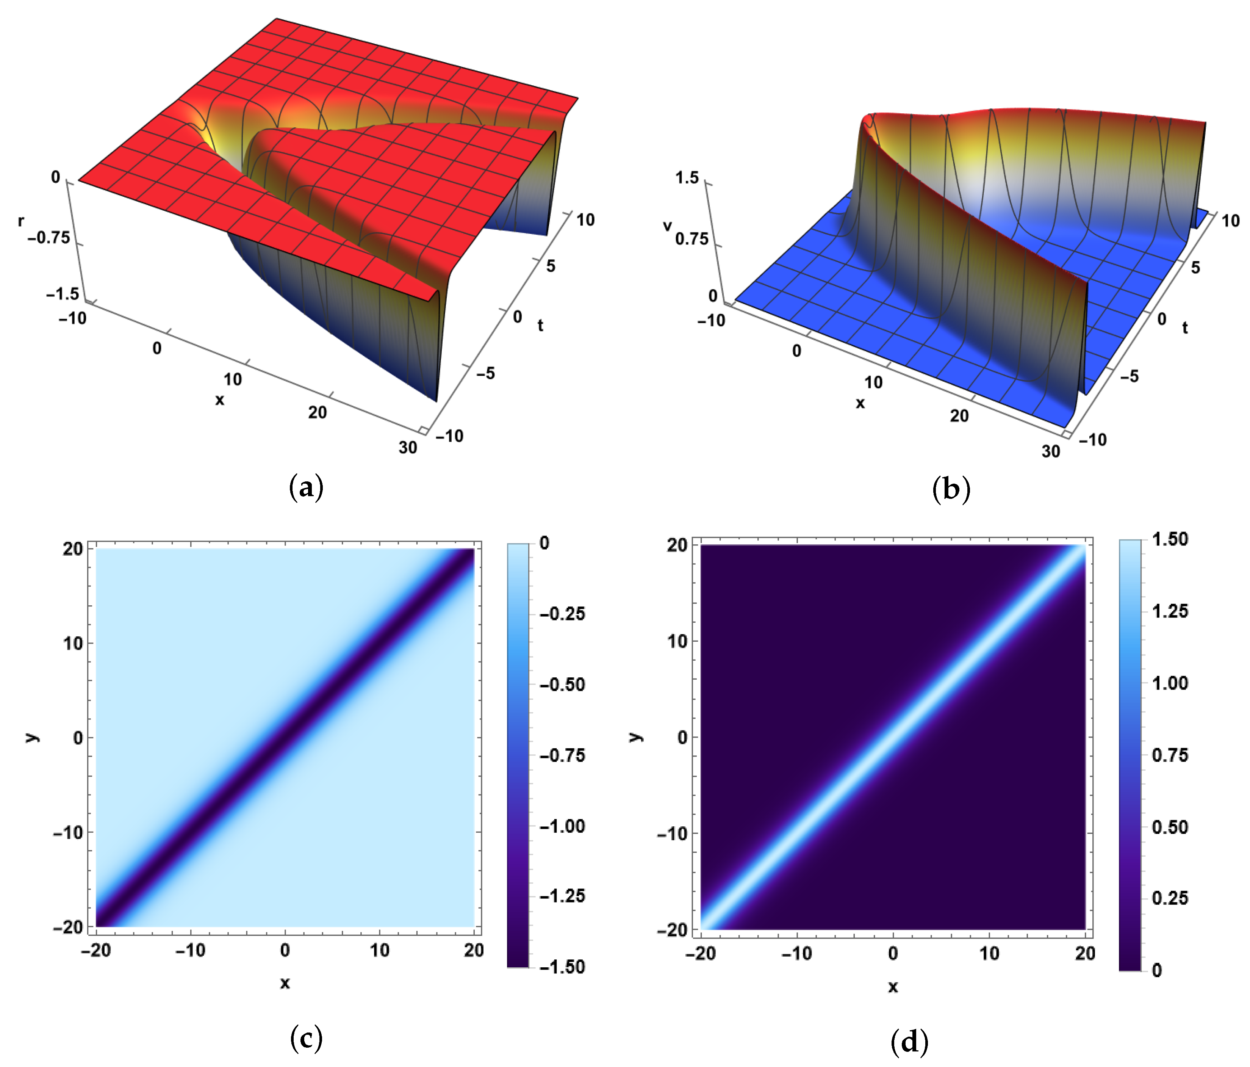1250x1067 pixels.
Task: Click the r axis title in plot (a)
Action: pos(21,221)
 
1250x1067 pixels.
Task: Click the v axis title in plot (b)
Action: pos(667,226)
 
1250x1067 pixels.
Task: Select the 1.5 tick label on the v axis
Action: pos(687,177)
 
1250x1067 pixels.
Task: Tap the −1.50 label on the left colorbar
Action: pos(562,967)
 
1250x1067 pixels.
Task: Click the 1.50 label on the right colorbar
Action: pos(1170,539)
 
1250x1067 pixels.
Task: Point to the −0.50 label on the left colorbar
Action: pos(562,685)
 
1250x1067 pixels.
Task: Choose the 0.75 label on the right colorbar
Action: pos(1170,755)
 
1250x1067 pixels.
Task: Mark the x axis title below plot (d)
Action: pos(893,987)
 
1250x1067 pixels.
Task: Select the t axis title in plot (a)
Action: pos(541,326)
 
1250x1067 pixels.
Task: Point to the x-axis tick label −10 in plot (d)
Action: pos(797,954)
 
